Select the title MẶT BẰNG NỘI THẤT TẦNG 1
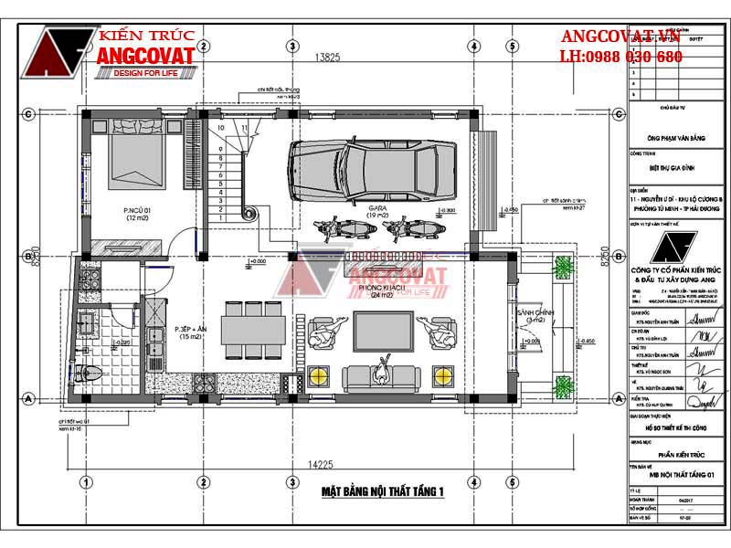pyautogui.click(x=382, y=492)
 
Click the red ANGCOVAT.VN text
pyautogui.click(x=621, y=37)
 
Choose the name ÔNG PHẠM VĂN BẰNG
pyautogui.click(x=675, y=138)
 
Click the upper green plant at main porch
pyautogui.click(x=560, y=267)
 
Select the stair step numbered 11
pyautogui.click(x=244, y=129)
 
